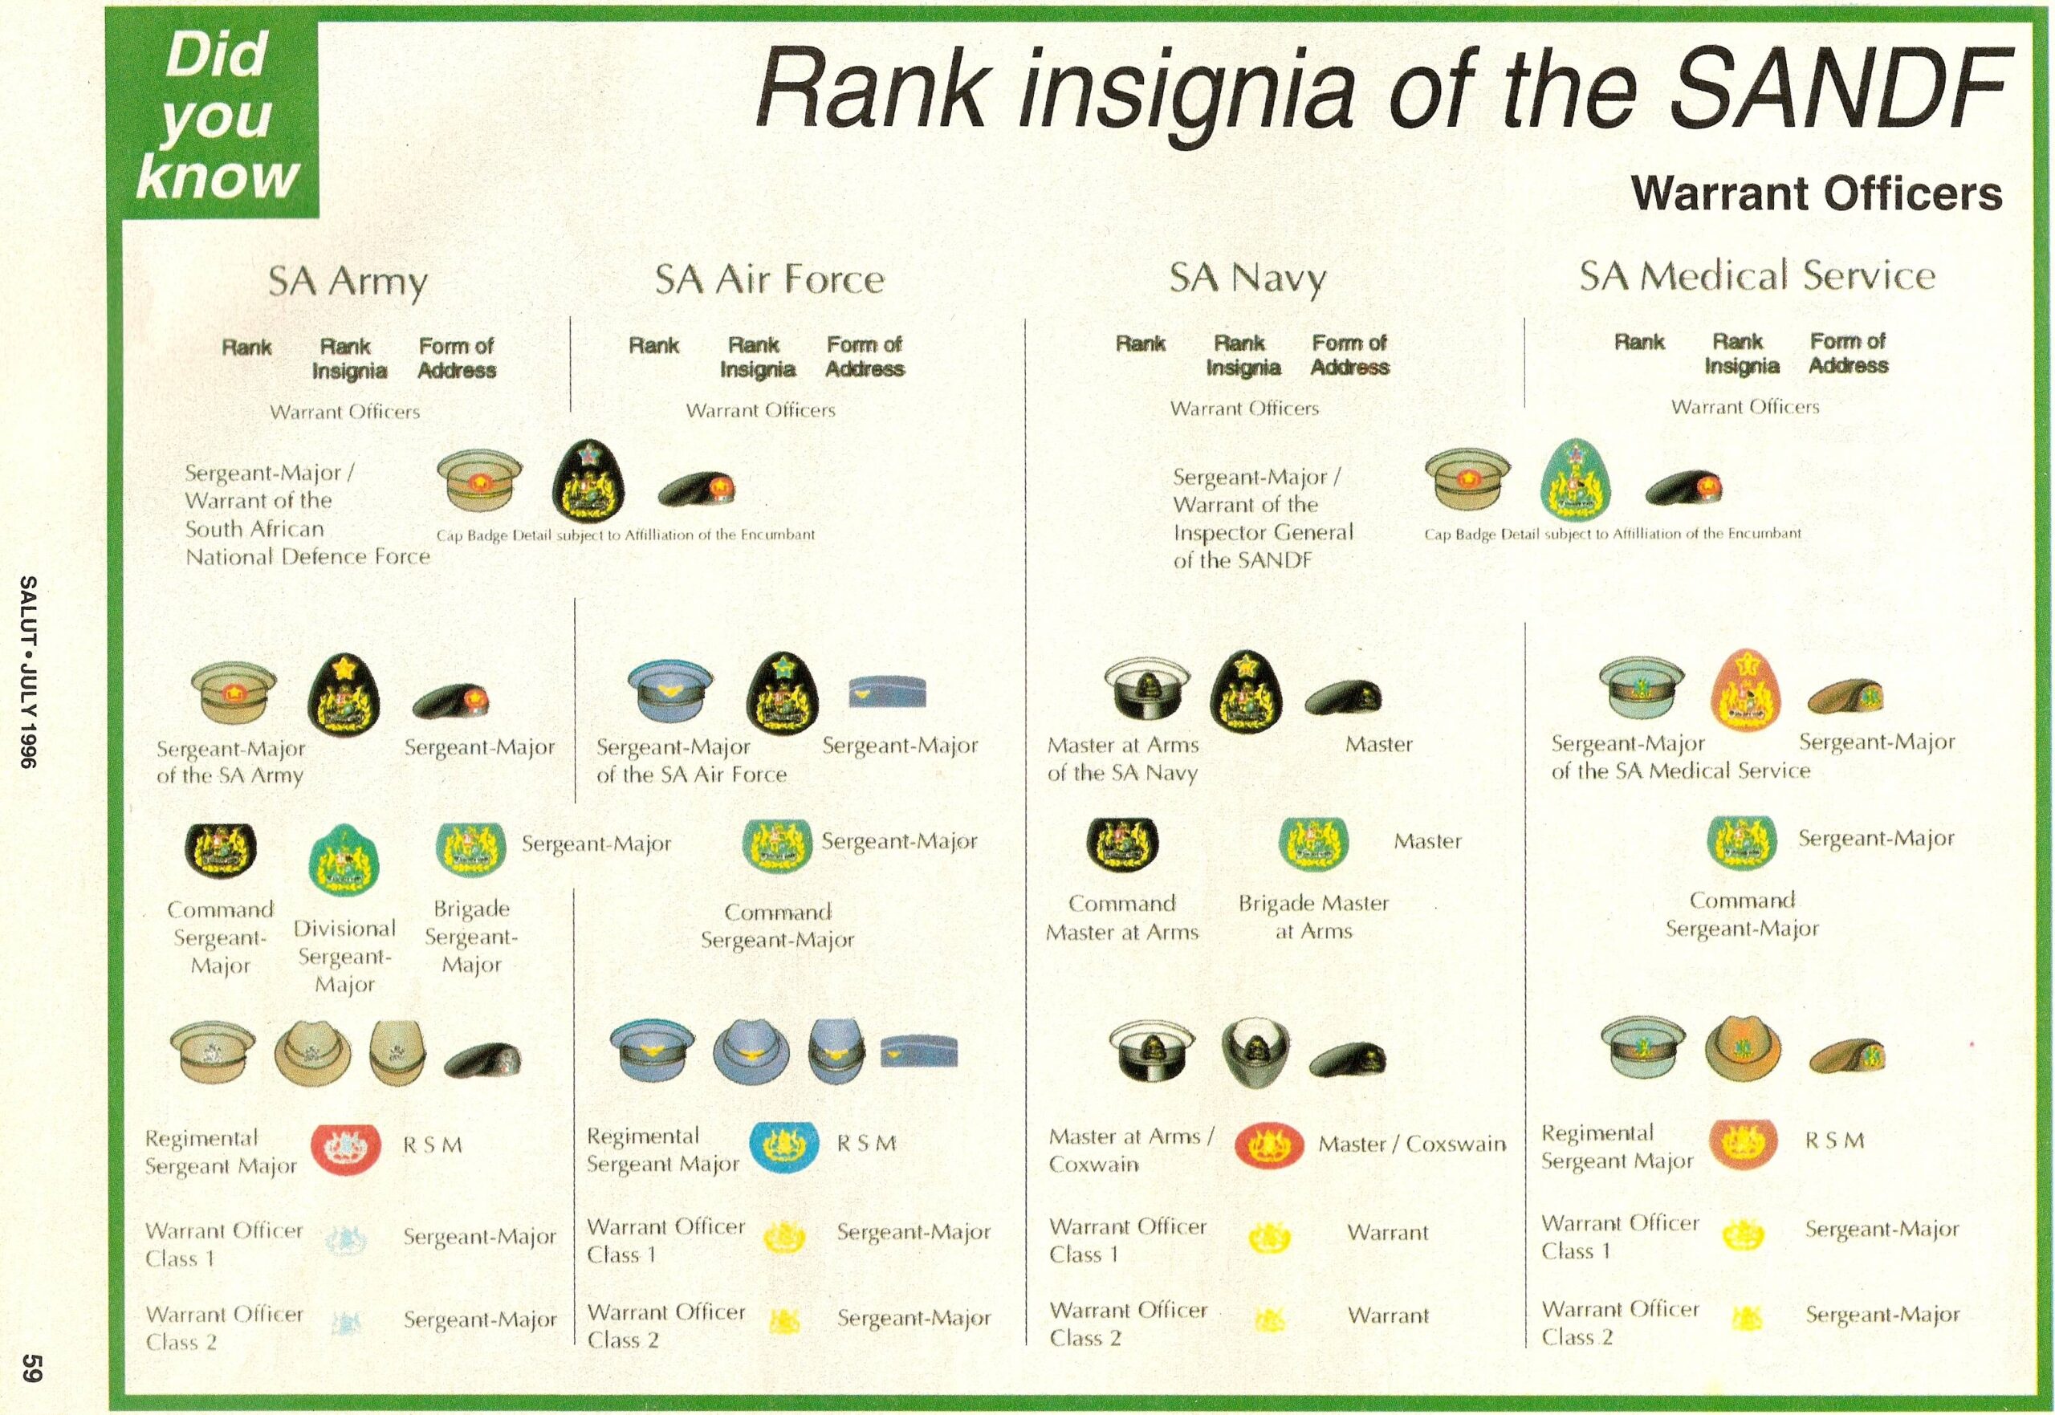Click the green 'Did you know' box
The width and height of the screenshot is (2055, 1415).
[x=220, y=117]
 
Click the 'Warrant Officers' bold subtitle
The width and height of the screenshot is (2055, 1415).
[x=1817, y=193]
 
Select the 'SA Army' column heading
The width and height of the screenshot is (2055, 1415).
[x=348, y=282]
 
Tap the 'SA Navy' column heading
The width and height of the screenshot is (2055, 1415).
[x=1247, y=279]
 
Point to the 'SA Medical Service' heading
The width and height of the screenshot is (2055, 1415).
[x=1757, y=276]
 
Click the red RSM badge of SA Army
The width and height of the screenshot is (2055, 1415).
[x=346, y=1149]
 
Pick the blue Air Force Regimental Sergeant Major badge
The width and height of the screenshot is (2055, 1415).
[x=783, y=1145]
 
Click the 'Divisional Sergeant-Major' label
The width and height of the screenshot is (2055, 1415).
[x=345, y=957]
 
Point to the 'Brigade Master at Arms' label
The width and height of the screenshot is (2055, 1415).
[x=1313, y=917]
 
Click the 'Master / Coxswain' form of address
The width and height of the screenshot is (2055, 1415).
[x=1411, y=1144]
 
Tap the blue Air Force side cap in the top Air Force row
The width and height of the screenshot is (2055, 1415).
[x=886, y=692]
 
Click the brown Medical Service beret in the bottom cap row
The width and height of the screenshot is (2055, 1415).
[x=1846, y=1055]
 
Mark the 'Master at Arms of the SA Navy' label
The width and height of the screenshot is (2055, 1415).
[x=1122, y=759]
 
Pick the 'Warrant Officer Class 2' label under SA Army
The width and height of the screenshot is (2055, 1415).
[x=224, y=1328]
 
